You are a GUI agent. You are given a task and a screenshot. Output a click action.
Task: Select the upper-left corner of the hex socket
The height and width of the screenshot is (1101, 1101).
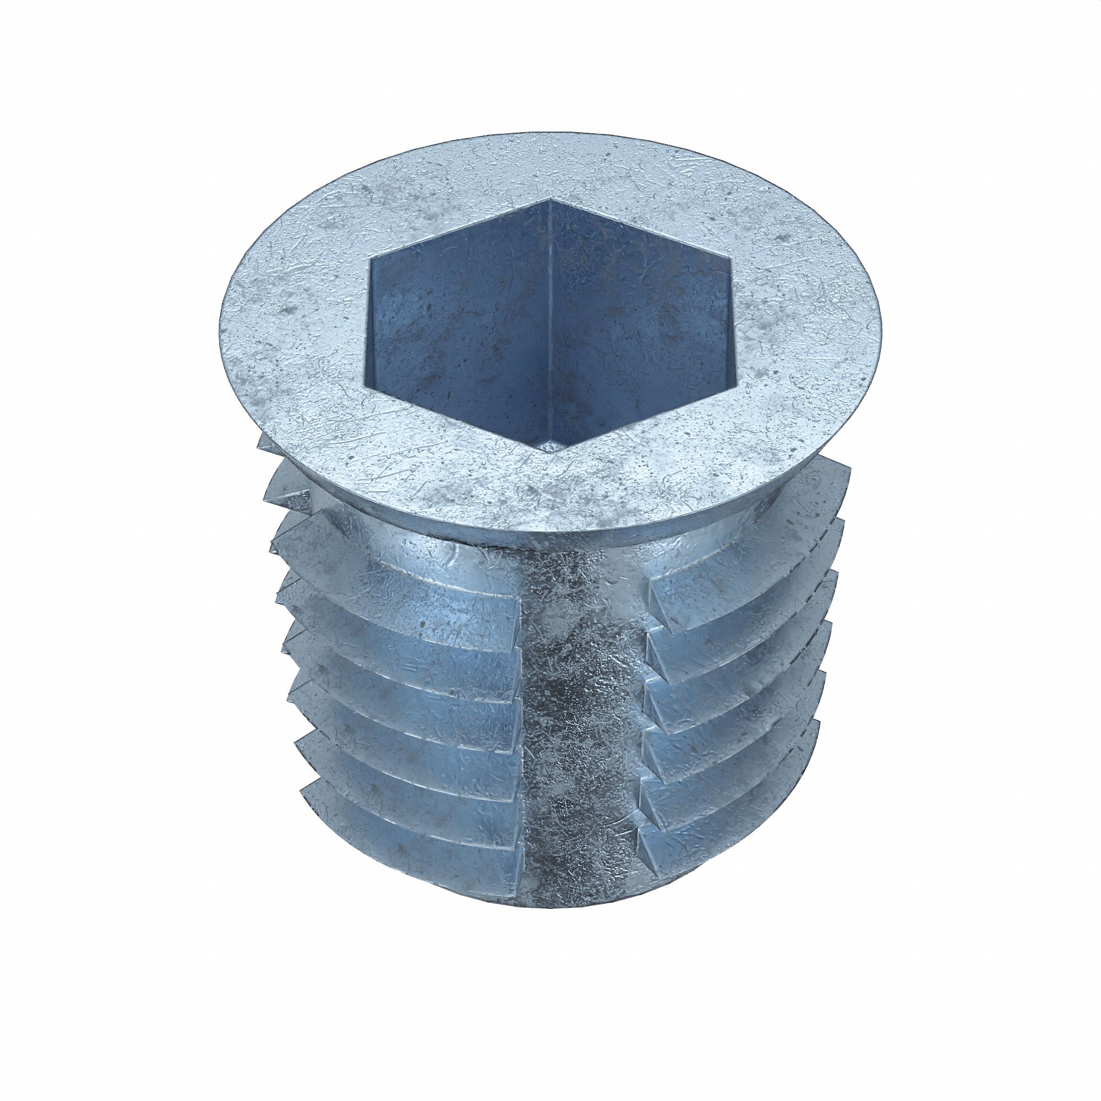[369, 260]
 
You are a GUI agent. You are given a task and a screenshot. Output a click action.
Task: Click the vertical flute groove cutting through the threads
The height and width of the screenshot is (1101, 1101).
[581, 712]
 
